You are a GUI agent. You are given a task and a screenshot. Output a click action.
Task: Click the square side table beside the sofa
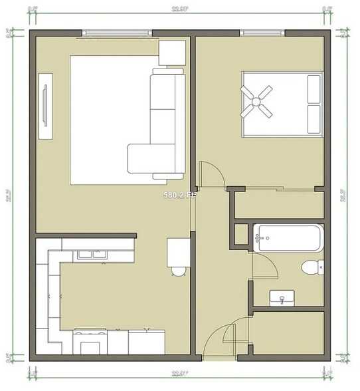(x=173, y=53)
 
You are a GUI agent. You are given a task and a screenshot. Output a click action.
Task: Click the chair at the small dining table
(x=178, y=270)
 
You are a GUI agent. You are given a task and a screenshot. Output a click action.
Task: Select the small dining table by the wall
(x=177, y=251)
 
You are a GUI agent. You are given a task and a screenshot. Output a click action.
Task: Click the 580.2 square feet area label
(x=181, y=195)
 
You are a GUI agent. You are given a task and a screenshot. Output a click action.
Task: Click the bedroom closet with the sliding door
(x=279, y=205)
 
